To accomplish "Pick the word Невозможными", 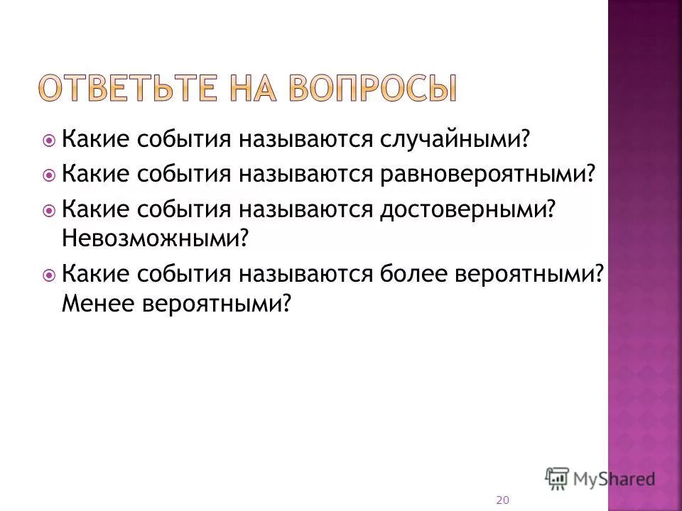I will (152, 238).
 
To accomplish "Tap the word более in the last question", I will (416, 273).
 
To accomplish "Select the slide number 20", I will (502, 500).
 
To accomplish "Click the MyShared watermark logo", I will (600, 478).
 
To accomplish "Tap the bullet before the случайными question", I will (49, 139).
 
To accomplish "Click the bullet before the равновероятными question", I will (49, 175).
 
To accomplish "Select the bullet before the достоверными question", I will (49, 210).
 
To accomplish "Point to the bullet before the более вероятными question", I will (49, 274).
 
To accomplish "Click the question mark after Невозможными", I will (247, 238).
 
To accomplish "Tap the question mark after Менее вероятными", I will (287, 303).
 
